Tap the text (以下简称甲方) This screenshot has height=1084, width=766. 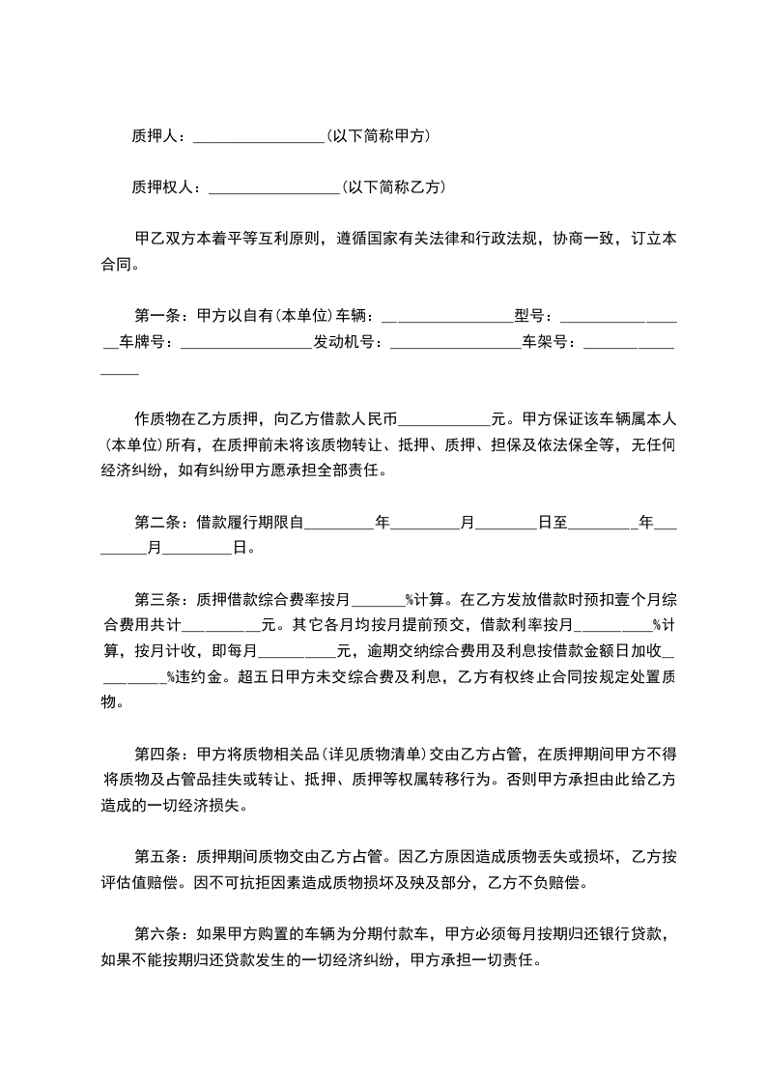[378, 136]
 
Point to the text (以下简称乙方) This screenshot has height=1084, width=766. [392, 187]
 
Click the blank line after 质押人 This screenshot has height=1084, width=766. [259, 139]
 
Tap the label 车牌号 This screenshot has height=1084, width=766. [145, 341]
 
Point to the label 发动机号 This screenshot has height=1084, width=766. [347, 341]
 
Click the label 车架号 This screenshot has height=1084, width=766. [552, 341]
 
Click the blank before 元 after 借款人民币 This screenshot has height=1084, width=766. [444, 422]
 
